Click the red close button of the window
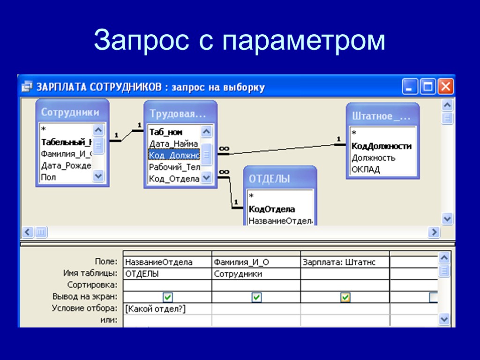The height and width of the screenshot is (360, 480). tap(445, 87)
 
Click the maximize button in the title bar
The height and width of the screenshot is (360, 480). tap(427, 87)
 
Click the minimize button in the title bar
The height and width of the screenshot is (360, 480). tap(410, 87)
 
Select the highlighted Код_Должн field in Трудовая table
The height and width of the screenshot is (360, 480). tap(174, 155)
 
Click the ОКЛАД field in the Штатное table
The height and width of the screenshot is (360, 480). tap(366, 169)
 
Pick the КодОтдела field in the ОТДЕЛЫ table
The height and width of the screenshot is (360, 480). tap(272, 209)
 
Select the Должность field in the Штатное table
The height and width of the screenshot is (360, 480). tap(374, 158)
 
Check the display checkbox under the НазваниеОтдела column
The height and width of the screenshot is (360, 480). tap(168, 297)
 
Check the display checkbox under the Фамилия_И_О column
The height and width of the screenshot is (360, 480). tap(256, 297)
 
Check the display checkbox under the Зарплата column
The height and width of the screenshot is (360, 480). tap(345, 297)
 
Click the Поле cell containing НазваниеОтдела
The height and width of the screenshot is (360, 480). tap(159, 262)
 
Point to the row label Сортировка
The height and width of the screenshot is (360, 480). tap(92, 285)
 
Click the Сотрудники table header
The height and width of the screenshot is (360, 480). tap(70, 112)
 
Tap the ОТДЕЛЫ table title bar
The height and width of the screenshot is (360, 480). tap(270, 179)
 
